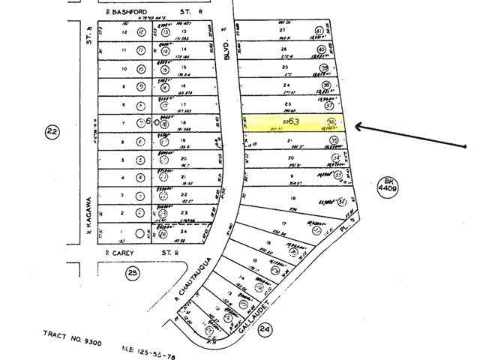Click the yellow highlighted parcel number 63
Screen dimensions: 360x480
[x=293, y=121]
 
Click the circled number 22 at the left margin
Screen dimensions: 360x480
[x=52, y=132]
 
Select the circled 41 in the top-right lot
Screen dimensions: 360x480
[x=319, y=32]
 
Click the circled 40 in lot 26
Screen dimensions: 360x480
[x=322, y=50]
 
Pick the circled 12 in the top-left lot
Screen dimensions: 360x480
[x=139, y=33]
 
